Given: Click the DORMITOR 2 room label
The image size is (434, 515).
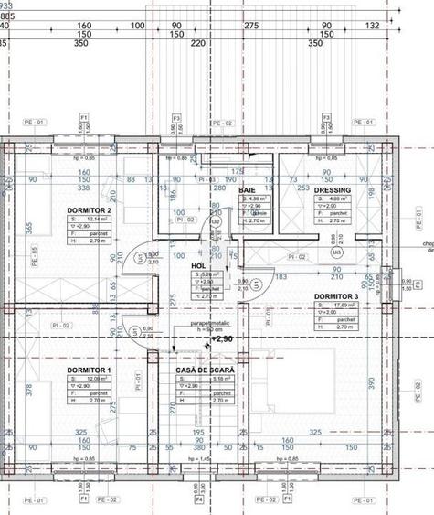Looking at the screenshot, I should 89,210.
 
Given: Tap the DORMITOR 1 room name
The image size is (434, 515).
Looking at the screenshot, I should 89,370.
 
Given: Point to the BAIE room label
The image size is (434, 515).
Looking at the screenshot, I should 248,189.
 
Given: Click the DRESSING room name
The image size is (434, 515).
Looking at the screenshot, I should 333,190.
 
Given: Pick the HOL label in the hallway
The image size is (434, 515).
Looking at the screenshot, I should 198,265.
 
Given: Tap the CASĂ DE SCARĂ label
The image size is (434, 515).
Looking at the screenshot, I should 206,370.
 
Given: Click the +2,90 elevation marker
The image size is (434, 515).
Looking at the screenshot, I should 224,338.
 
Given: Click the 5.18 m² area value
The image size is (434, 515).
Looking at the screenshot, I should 209,378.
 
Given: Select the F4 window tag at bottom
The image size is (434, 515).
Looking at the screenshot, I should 198,500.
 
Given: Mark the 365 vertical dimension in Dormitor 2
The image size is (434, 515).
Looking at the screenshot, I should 28,227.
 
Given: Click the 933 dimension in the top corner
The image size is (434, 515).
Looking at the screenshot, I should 7,5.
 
